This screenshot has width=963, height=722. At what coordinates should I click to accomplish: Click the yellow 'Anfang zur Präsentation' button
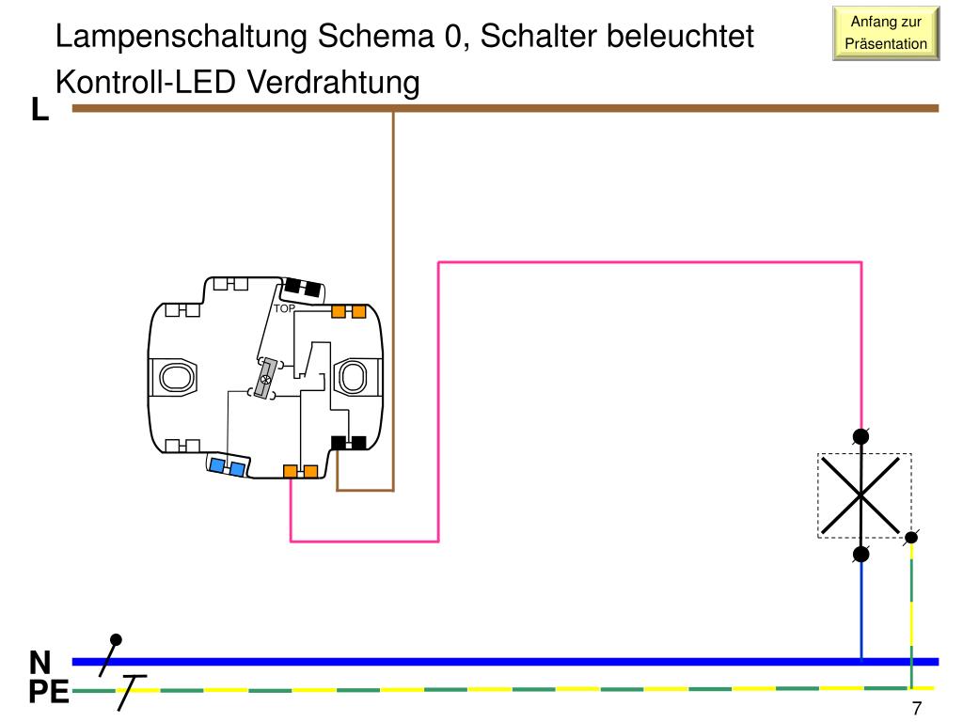[886, 33]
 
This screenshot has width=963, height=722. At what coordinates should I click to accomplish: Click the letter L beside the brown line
[39, 110]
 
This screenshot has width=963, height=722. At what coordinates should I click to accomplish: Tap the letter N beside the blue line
[39, 662]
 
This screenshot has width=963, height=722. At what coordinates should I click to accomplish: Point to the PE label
[48, 693]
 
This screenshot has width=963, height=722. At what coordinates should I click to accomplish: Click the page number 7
[916, 708]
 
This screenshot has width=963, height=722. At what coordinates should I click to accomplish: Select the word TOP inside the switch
[284, 308]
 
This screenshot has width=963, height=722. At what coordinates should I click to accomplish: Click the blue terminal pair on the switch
[228, 466]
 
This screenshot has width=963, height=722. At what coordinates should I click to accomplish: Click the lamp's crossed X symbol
[861, 495]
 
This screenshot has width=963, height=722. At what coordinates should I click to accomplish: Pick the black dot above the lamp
[860, 436]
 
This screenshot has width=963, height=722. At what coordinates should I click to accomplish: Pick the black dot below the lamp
[860, 554]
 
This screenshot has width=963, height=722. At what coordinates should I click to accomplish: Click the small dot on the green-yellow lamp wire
[910, 539]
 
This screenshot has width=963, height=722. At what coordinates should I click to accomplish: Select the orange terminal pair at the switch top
[349, 311]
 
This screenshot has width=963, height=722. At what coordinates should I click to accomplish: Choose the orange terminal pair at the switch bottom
[301, 471]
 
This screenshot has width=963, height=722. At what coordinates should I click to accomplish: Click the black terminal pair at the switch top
[303, 286]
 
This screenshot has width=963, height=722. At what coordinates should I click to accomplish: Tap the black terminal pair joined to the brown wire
[348, 442]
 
